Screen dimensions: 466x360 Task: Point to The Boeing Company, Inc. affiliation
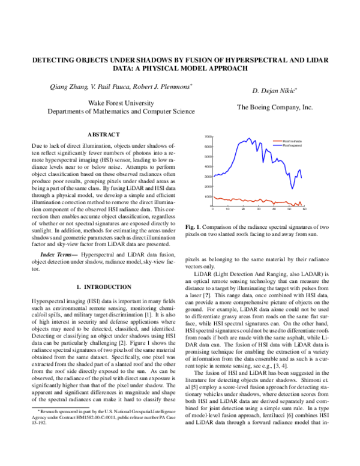point(275,107)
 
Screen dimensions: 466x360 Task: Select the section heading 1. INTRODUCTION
point(104,287)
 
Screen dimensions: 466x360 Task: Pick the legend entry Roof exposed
point(292,145)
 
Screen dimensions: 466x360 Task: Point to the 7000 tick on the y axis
point(208,137)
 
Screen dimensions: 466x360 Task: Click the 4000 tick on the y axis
point(208,166)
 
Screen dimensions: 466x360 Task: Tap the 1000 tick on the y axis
point(208,196)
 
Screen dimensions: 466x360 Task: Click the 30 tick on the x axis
point(259,210)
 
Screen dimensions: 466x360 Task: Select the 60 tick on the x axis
point(305,210)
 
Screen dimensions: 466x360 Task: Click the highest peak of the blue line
point(248,139)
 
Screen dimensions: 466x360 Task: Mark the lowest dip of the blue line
point(292,188)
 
